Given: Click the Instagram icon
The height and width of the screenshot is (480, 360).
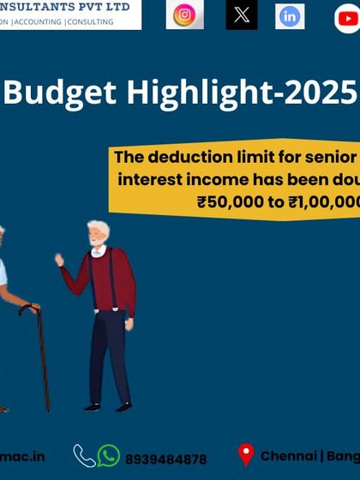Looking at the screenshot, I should tap(184, 15).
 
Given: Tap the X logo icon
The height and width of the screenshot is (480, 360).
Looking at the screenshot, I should tap(242, 15).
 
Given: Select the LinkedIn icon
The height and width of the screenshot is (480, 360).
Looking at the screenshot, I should tap(290, 15).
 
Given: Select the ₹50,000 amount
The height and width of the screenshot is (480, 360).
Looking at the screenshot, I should tap(227, 202).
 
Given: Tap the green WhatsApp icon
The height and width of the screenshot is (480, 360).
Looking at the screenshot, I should tap(109, 456).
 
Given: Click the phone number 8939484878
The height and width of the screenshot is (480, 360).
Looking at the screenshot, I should tap(166, 459).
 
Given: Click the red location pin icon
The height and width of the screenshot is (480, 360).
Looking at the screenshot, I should tap(246, 455).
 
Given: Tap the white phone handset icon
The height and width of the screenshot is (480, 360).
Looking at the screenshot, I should tap(84, 455).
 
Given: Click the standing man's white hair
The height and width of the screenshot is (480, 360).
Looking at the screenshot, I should tap(99, 229).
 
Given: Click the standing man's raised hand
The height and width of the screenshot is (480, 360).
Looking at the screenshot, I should tap(59, 258).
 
